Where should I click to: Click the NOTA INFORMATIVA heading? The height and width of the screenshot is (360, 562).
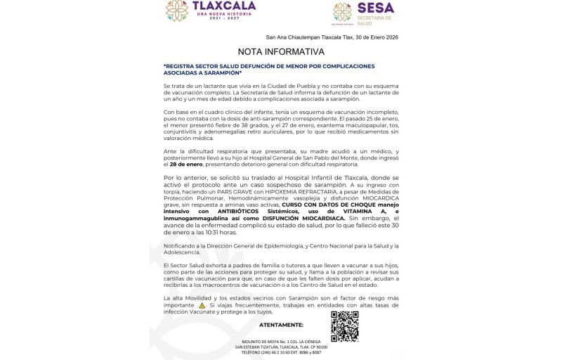point(281,51)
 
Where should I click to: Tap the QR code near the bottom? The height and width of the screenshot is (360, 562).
point(344,326)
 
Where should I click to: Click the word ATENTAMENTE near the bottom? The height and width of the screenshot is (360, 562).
point(281,325)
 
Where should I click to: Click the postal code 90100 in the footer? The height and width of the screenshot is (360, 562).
point(322,347)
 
